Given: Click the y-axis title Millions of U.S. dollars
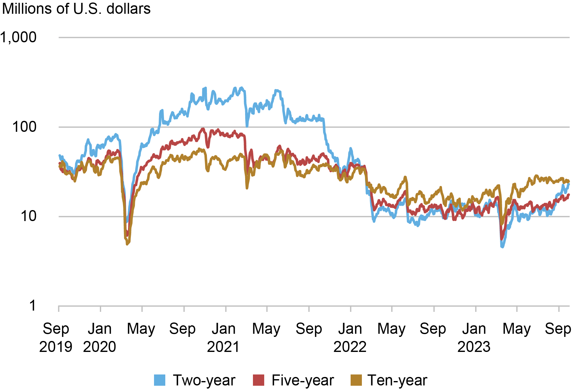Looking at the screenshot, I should pos(76,9).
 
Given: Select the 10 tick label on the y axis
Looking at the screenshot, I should pos(28,216).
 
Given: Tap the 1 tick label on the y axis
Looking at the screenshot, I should pos(33,306).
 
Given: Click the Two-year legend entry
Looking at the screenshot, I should pos(204,380).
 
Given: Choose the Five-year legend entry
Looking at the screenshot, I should pos(302,380).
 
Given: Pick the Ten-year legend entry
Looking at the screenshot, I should pos(397,380).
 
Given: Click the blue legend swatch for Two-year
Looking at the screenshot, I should pos(160,380).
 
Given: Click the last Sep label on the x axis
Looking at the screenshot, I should pos(558,329).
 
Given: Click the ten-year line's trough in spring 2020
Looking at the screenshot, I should pos(127,244).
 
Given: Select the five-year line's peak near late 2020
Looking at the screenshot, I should pos(203,129).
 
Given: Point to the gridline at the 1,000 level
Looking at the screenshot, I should pos(313,38).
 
